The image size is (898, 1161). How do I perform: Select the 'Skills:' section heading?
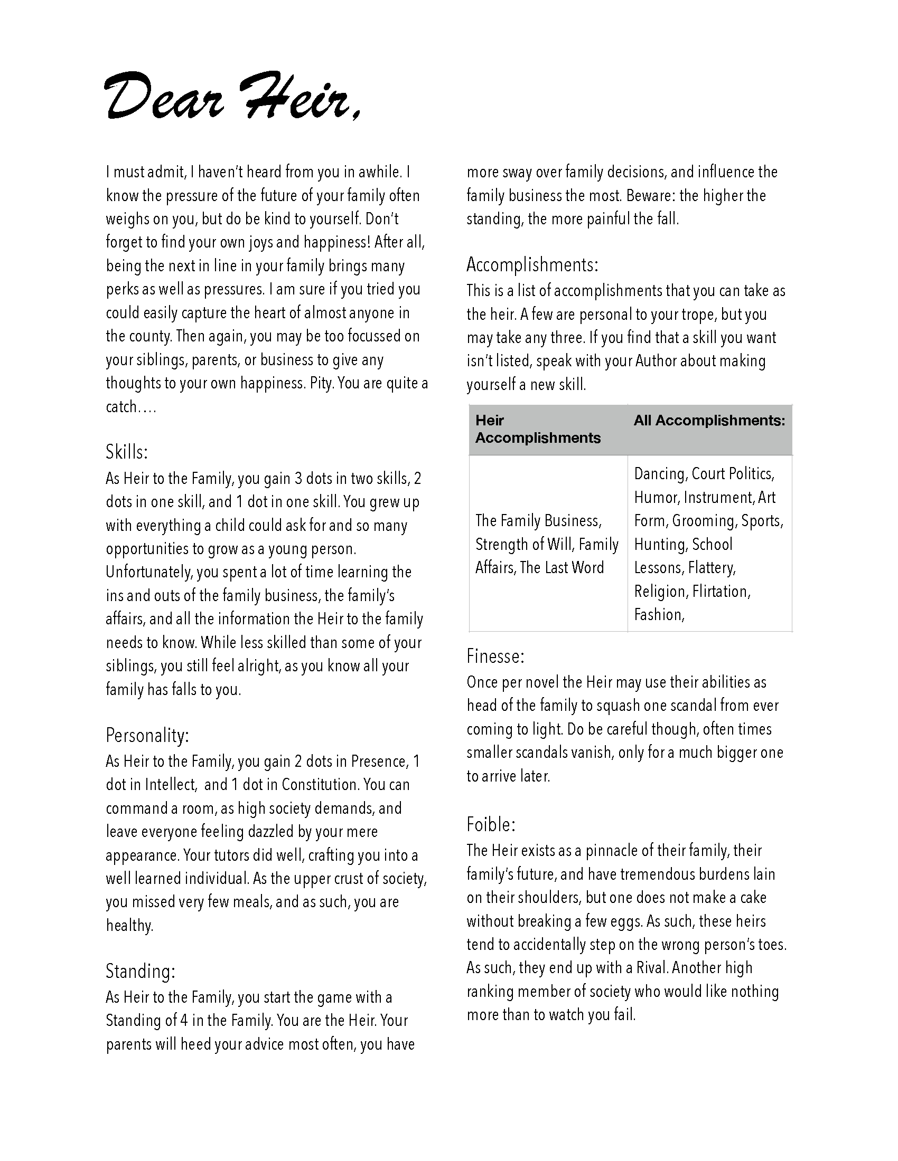click(127, 452)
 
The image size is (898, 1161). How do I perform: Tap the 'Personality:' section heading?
click(147, 736)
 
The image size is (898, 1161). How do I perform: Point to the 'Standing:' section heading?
click(141, 971)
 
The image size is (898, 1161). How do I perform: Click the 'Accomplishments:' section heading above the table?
click(532, 264)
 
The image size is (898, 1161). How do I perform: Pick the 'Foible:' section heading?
click(491, 824)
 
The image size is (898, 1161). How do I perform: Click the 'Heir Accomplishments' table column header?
click(538, 429)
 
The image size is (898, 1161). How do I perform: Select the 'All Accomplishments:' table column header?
click(709, 421)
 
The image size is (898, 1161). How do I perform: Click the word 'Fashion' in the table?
click(658, 615)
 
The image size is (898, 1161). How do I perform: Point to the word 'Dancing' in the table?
click(659, 474)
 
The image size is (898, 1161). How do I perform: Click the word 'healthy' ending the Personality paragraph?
click(129, 926)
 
